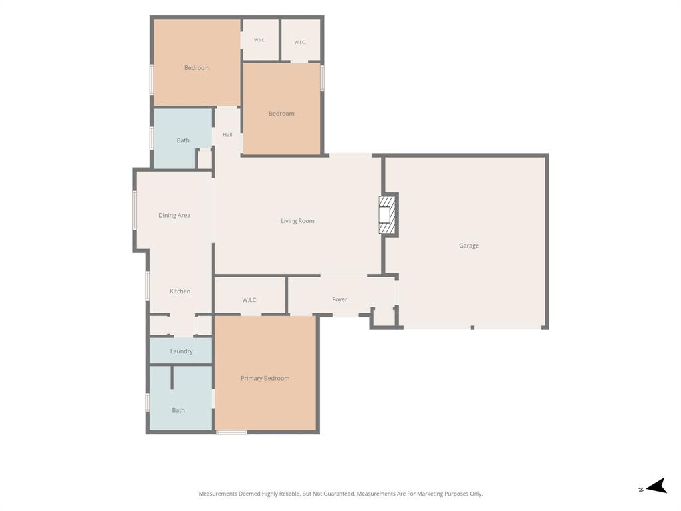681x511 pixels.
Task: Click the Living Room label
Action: click(297, 221)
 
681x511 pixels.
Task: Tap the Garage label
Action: click(469, 246)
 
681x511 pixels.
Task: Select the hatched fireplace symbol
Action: click(387, 215)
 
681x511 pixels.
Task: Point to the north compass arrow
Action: click(656, 486)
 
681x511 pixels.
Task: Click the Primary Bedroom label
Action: click(265, 378)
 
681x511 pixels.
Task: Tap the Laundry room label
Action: click(181, 351)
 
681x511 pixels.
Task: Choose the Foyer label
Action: click(340, 299)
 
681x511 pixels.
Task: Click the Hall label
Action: click(227, 134)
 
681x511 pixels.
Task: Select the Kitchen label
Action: click(180, 291)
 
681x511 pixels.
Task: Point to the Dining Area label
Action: click(174, 215)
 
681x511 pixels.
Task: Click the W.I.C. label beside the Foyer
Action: click(250, 300)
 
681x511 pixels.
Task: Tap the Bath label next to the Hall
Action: click(183, 140)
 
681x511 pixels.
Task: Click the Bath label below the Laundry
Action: click(178, 410)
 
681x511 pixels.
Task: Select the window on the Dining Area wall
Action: click(134, 210)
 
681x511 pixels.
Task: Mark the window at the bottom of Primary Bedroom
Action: click(232, 432)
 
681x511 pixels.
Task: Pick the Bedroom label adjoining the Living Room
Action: click(281, 114)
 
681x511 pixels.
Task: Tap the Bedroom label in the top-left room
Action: click(197, 68)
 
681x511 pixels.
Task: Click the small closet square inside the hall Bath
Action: click(205, 159)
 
